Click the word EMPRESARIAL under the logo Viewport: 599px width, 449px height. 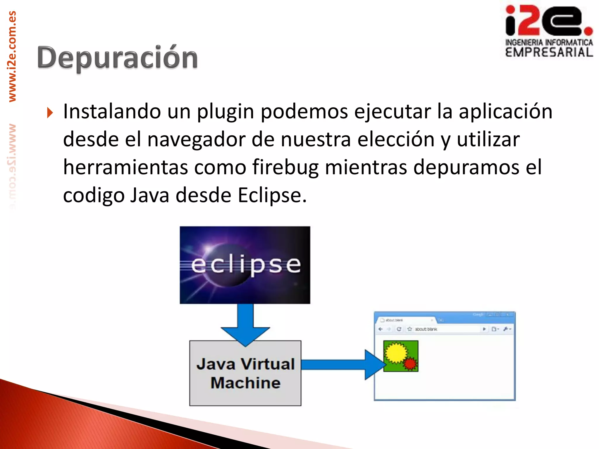coord(549,53)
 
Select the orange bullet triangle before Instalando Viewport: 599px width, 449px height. coord(50,113)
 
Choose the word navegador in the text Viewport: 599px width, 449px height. coord(196,140)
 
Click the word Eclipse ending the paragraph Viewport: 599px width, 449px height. coord(272,195)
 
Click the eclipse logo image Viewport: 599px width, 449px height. coord(245,265)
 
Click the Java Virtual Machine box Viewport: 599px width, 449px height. coord(245,373)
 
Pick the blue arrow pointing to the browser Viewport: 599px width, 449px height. coord(342,365)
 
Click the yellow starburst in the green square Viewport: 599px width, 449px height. coord(395,353)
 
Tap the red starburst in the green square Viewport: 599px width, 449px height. coord(410,364)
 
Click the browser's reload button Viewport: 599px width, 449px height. coord(399,329)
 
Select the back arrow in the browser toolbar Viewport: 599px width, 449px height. coord(381,329)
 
